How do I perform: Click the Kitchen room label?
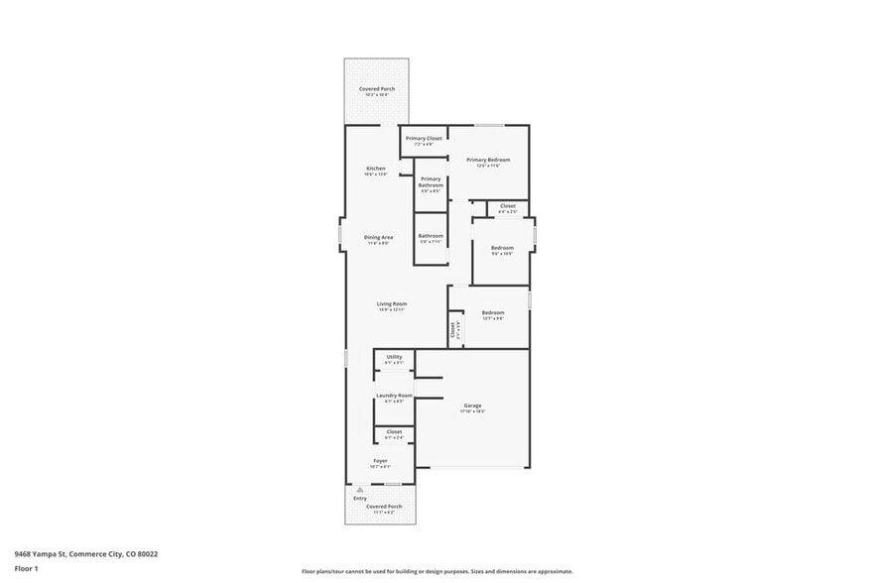tap(376, 169)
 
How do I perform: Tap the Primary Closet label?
tap(424, 138)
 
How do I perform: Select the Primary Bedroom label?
tap(488, 160)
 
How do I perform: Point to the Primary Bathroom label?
tap(431, 182)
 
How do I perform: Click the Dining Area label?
tap(378, 237)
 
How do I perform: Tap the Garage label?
tap(472, 405)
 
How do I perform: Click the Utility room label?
tap(394, 356)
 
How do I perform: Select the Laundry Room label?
tap(394, 395)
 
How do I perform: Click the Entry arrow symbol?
tap(360, 490)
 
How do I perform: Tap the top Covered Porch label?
tap(377, 89)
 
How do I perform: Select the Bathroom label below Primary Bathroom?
tap(431, 236)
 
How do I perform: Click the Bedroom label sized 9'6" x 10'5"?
tap(502, 247)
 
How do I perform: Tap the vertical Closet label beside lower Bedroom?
tap(453, 329)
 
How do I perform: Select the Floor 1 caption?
tap(26, 568)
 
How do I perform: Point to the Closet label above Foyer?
tap(394, 432)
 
